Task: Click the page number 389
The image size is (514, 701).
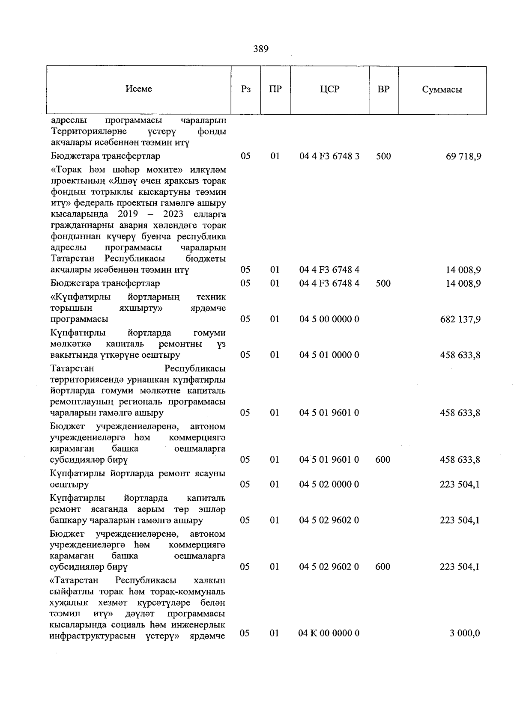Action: click(260, 49)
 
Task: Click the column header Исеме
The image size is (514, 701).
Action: click(139, 89)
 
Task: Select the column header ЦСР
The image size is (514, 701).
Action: click(329, 89)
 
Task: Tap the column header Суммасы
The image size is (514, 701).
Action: click(442, 89)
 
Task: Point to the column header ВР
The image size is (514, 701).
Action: click(383, 89)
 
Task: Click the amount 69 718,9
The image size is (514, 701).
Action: click(463, 156)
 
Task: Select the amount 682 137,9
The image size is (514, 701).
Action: click(460, 319)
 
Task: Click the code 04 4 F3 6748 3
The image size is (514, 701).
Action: click(329, 156)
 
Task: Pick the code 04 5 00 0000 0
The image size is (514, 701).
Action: click(329, 319)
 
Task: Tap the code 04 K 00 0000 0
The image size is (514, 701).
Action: click(329, 633)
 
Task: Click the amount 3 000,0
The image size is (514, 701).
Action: click(465, 633)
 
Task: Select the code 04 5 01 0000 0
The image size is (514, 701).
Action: click(329, 355)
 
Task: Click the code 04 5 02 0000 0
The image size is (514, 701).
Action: click(329, 484)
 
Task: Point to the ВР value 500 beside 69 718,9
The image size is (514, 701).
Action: click(383, 156)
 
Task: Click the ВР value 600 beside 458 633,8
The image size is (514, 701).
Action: click(383, 460)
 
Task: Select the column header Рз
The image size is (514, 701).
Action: click(246, 89)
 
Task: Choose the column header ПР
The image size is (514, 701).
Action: click(275, 89)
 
